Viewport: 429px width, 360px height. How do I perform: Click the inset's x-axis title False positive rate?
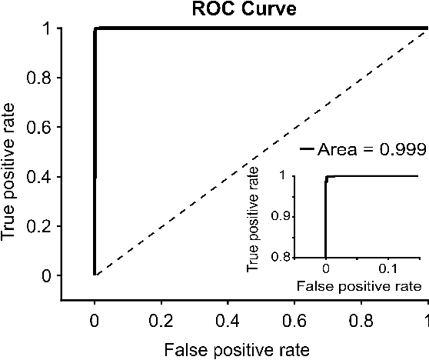(359, 285)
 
